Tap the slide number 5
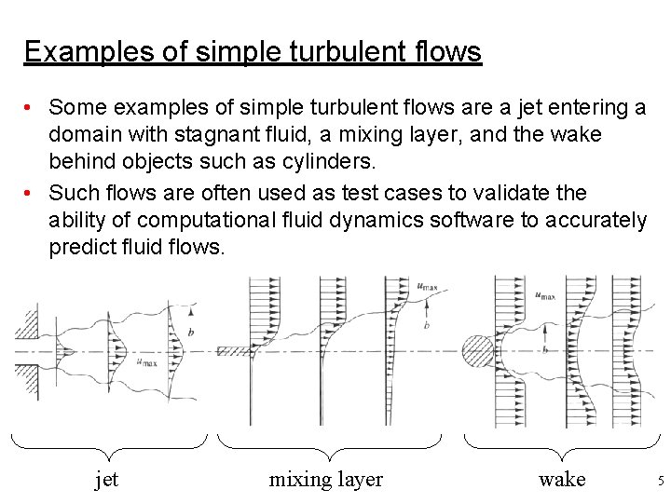[x=660, y=481]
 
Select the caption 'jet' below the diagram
[x=107, y=480]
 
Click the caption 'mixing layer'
[x=325, y=480]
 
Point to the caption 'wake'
[x=562, y=480]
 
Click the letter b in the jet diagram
[x=190, y=333]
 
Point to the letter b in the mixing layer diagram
[x=425, y=325]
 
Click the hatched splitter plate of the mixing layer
[x=233, y=352]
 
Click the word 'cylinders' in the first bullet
[x=331, y=161]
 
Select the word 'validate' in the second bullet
[x=523, y=193]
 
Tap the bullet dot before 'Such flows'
[x=32, y=193]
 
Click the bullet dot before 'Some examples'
[x=32, y=108]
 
